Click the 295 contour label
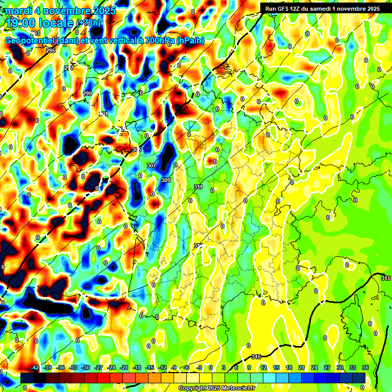(x=51, y=51)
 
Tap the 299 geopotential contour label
(x=87, y=93)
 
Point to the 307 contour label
(x=151, y=165)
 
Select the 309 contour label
(x=165, y=180)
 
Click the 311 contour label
(x=198, y=187)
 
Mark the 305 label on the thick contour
(x=136, y=150)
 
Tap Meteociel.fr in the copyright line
(x=238, y=388)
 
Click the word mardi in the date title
(x=19, y=10)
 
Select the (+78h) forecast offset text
(x=89, y=22)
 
